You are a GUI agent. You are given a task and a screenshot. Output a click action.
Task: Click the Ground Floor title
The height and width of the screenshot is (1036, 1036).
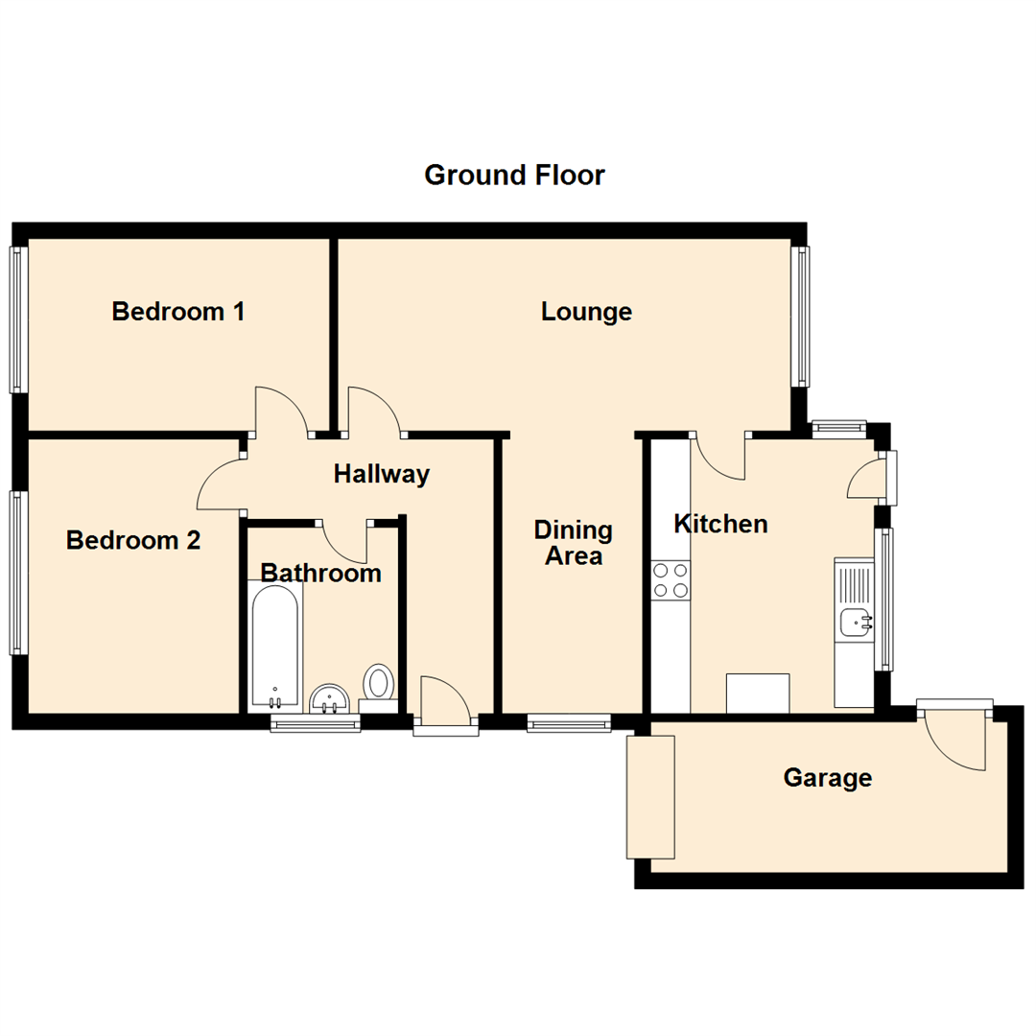[514, 176]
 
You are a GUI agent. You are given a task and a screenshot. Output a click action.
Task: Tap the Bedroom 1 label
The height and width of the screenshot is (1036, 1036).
[177, 312]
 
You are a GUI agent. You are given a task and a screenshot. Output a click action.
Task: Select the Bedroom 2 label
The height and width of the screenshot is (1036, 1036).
[133, 541]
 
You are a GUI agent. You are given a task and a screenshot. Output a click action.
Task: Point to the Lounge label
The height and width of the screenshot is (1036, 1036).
[586, 312]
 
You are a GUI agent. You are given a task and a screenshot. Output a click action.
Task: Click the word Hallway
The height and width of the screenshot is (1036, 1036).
[381, 474]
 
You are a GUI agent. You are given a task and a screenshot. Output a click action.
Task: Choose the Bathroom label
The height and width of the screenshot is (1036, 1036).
[321, 574]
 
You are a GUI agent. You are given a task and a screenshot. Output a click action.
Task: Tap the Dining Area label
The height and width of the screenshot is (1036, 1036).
[574, 543]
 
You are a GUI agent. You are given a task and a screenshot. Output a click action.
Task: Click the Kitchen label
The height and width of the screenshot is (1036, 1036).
[720, 524]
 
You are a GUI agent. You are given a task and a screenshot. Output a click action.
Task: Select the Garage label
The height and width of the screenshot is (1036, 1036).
[827, 778]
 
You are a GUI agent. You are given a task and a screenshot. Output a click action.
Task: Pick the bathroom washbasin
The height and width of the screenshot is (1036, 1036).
[331, 698]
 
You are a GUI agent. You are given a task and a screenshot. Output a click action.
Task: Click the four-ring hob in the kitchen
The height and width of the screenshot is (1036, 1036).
[671, 580]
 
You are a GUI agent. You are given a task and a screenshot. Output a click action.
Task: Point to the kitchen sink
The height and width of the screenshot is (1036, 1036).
[854, 623]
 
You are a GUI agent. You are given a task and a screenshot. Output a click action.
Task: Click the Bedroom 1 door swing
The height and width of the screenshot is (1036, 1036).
[280, 411]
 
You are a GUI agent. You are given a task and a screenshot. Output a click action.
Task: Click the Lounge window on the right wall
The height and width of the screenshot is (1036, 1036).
[800, 317]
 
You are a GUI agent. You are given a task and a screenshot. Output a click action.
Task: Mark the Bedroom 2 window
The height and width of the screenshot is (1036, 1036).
[17, 573]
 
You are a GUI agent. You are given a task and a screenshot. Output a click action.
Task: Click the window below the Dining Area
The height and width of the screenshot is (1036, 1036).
[569, 723]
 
